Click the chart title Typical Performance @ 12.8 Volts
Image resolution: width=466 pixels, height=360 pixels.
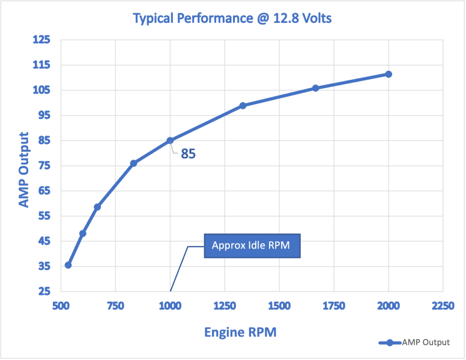click(x=232, y=18)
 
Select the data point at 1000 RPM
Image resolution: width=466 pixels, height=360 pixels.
click(x=170, y=140)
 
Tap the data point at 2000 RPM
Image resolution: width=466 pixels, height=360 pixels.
click(x=389, y=74)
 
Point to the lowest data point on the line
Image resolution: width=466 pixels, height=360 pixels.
click(x=68, y=265)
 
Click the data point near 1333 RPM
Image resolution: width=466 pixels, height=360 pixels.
click(x=243, y=106)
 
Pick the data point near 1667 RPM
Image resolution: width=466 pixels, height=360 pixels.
click(x=316, y=88)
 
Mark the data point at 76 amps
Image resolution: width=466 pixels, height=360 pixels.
click(x=133, y=163)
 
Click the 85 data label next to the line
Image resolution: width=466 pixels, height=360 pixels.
click(x=189, y=154)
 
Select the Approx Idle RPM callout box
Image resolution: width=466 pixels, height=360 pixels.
click(x=252, y=245)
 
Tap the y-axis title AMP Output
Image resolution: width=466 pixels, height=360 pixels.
click(x=23, y=170)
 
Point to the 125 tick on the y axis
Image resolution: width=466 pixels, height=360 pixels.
click(x=42, y=40)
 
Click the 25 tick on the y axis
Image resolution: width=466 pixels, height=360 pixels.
click(x=44, y=292)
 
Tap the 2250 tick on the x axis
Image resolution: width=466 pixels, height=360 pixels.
click(x=443, y=306)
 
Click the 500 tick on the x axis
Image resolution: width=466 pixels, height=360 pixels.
click(x=61, y=306)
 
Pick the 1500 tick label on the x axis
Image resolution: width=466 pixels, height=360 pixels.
click(x=279, y=306)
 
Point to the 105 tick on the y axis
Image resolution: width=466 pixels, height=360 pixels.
click(x=42, y=90)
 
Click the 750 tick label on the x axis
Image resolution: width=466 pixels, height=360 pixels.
click(x=115, y=306)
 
